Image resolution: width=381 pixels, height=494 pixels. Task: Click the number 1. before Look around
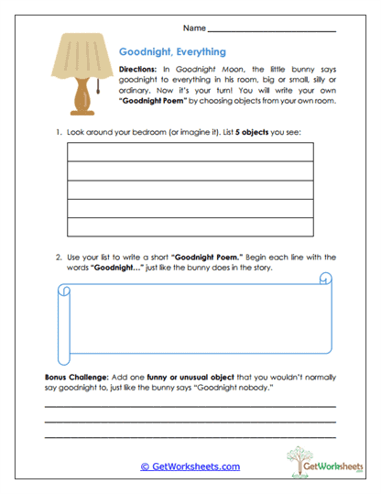58,133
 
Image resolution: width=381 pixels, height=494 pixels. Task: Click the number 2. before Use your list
58,258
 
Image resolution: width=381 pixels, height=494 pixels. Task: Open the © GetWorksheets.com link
190,467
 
